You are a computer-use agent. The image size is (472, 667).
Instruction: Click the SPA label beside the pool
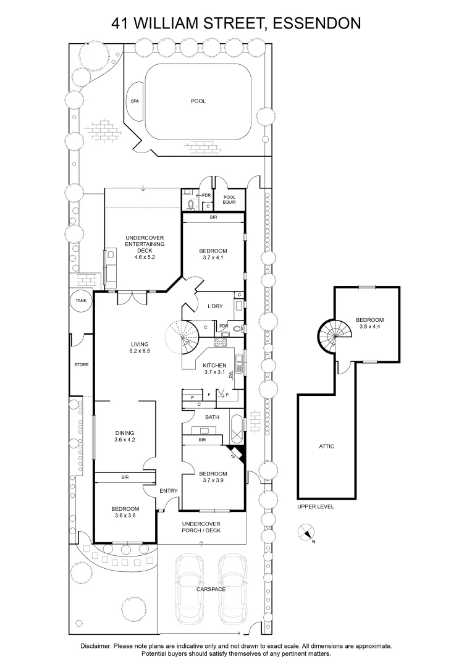pyautogui.click(x=134, y=101)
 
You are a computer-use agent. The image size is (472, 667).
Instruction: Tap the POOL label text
pyautogui.click(x=198, y=101)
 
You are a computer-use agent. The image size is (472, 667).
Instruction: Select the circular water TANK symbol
pyautogui.click(x=81, y=301)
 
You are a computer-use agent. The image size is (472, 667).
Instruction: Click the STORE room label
pyautogui.click(x=81, y=365)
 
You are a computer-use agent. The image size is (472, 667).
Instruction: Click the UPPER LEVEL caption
pyautogui.click(x=315, y=506)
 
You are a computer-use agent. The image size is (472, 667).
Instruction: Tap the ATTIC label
pyautogui.click(x=327, y=447)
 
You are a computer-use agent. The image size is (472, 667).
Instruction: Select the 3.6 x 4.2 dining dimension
pyautogui.click(x=124, y=440)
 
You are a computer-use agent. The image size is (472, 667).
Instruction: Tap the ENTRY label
pyautogui.click(x=169, y=491)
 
